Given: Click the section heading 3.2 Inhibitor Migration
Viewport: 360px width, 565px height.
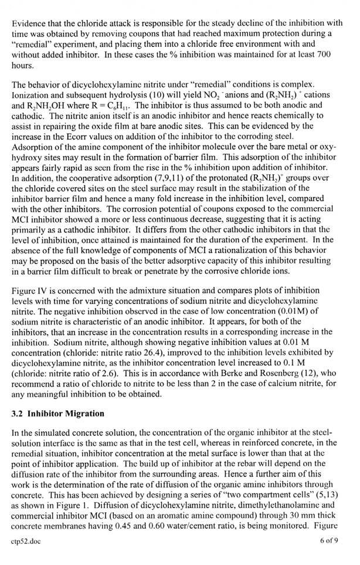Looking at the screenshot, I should [58, 413].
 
